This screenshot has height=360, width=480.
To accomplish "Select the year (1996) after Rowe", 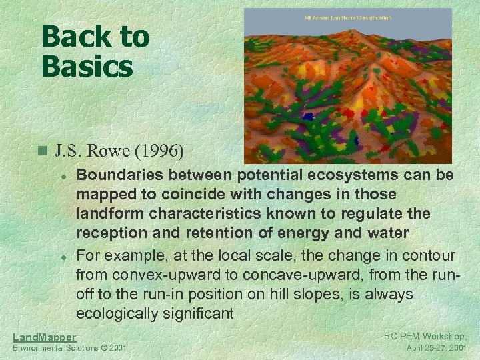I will pyautogui.click(x=160, y=151).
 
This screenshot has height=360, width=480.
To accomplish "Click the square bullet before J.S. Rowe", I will pyautogui.click(x=43, y=151).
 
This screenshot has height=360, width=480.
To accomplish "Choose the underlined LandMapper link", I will pyautogui.click(x=45, y=337).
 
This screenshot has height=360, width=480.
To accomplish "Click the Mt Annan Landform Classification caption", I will pyautogui.click(x=347, y=17).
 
